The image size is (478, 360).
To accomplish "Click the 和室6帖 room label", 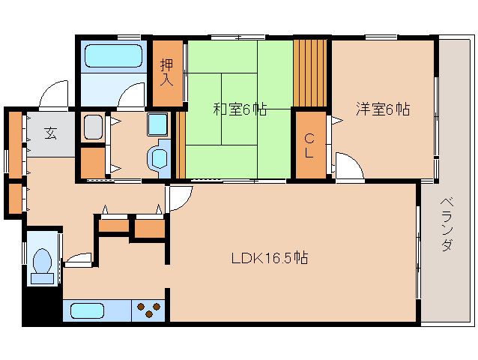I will tap(239, 109).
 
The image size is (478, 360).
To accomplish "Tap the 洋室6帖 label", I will tap(382, 109).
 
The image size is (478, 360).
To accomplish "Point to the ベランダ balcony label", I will tap(447, 225).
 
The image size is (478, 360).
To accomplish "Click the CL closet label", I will tap(309, 145).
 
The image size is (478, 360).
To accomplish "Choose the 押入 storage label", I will tap(168, 70).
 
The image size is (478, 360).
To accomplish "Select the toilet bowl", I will tap(42, 265).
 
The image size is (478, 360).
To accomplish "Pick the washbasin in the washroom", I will tap(158, 157).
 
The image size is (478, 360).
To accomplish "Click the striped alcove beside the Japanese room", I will tap(311, 72).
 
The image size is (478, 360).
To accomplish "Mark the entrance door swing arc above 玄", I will tap(55, 95).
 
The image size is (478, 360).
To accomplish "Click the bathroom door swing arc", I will tap(132, 96).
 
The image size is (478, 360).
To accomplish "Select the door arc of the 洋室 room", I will tap(349, 165).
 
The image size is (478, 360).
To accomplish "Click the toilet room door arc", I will tap(76, 259).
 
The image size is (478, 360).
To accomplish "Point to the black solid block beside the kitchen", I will tap(41, 306).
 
